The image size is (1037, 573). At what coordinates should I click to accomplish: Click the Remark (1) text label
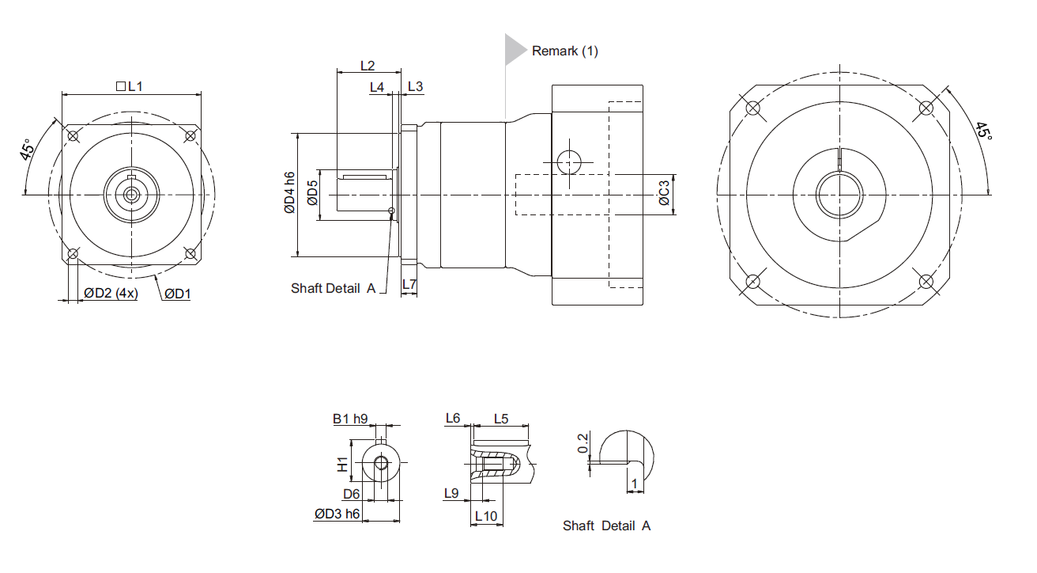point(565,51)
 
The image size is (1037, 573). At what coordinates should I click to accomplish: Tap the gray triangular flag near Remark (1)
point(515,49)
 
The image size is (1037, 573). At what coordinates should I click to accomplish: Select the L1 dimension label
point(130,85)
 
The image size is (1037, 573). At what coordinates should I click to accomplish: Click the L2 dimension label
point(367,65)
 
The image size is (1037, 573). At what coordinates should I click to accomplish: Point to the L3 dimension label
point(416,85)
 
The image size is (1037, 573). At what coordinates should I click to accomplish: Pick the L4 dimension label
point(377,85)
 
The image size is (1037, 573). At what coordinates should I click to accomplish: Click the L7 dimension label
point(409,283)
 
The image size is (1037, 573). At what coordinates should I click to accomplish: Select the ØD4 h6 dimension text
point(289,193)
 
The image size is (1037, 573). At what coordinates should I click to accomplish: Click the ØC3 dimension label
point(664,193)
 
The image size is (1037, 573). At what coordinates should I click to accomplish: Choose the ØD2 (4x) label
point(111,294)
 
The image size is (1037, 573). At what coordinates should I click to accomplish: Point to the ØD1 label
point(178,294)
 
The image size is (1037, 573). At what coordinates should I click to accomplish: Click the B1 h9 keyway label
point(350,418)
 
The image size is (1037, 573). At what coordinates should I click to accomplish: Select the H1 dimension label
point(342,465)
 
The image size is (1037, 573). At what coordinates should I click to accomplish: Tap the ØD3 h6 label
point(337,514)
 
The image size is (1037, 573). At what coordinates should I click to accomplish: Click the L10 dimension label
point(485,516)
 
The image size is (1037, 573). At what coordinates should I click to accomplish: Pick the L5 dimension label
point(501,418)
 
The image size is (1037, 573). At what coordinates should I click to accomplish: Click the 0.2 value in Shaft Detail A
point(583,443)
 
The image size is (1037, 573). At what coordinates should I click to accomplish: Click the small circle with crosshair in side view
point(569,162)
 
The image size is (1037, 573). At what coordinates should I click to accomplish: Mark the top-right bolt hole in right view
point(926,108)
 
